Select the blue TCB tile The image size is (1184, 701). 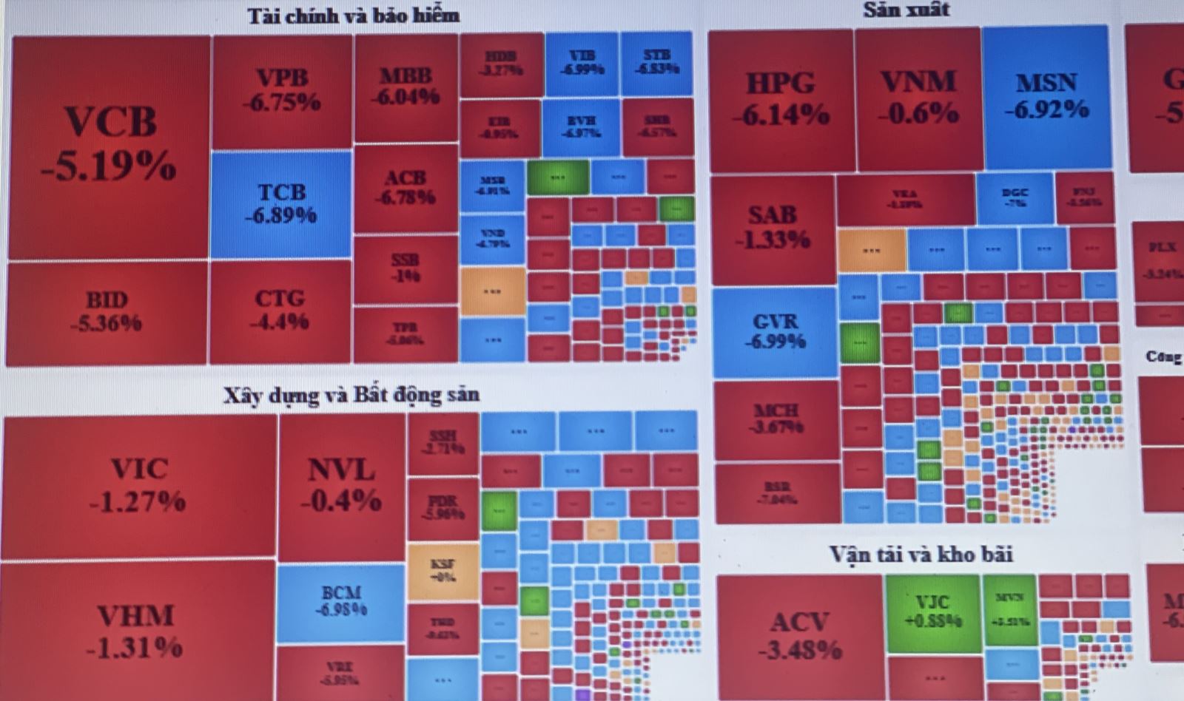(x=280, y=203)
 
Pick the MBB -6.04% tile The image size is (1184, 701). (x=406, y=86)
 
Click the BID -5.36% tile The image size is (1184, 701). (x=107, y=311)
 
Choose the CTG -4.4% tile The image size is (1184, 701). (x=280, y=309)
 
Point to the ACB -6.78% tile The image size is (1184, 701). (x=406, y=188)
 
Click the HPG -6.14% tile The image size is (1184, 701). (x=781, y=98)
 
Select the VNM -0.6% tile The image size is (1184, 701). (x=918, y=97)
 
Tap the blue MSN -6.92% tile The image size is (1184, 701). (x=1046, y=96)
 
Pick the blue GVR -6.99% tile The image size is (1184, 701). (x=776, y=331)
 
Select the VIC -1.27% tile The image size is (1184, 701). (x=138, y=484)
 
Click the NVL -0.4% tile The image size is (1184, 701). (x=341, y=484)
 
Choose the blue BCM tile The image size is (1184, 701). (x=341, y=601)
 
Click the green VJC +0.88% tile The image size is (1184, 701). (x=932, y=612)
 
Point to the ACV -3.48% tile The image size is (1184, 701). (x=800, y=634)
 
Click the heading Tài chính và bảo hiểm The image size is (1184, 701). (x=353, y=16)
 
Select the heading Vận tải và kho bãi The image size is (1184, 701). (x=921, y=555)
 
